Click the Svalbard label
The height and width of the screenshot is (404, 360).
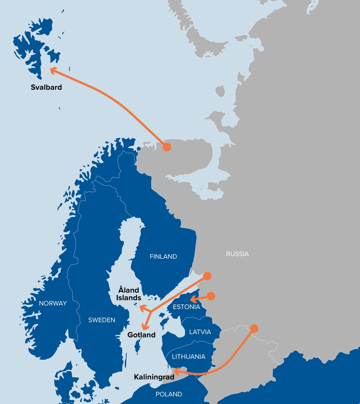46,87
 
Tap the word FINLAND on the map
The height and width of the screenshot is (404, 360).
163,256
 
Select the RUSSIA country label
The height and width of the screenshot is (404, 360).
237,254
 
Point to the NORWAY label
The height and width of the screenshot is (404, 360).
53,303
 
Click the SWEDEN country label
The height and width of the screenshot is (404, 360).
102,320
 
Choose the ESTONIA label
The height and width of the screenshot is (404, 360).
186,307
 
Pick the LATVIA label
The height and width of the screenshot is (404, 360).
200,332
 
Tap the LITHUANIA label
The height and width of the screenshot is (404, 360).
189,356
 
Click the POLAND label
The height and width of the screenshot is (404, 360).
169,394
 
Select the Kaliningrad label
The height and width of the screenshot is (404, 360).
154,377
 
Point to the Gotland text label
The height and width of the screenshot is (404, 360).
141,335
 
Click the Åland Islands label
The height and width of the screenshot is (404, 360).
130,294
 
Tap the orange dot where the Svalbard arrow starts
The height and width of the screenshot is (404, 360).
166,147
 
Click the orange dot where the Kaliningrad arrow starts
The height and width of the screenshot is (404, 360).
254,328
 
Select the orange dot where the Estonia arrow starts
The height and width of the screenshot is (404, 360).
211,296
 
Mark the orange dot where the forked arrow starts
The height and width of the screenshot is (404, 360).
207,276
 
